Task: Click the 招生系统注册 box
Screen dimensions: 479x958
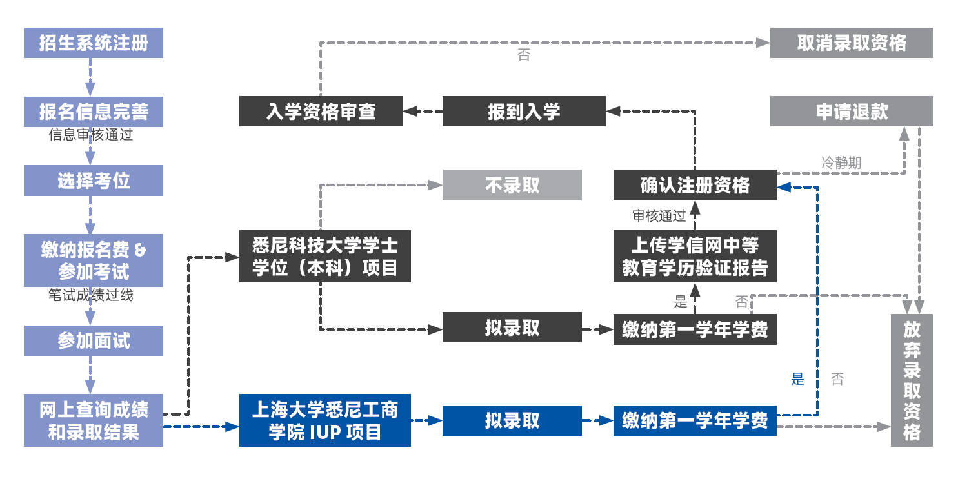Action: click(94, 43)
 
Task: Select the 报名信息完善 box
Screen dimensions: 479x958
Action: click(94, 112)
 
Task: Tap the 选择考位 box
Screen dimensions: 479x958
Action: click(94, 181)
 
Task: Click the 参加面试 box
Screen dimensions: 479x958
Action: click(94, 340)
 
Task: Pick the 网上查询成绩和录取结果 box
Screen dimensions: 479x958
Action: click(94, 420)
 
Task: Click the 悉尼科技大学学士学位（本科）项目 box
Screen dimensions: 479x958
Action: click(324, 257)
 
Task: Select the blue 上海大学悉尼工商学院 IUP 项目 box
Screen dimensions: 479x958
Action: click(324, 420)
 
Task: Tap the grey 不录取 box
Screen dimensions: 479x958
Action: click(512, 185)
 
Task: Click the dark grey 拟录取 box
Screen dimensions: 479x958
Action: click(512, 328)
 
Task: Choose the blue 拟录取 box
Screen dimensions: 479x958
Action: click(512, 420)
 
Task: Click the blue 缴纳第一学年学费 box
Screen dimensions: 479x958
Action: click(695, 420)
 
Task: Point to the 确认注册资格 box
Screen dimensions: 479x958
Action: click(695, 185)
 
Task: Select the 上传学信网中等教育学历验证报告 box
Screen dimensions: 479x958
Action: click(695, 257)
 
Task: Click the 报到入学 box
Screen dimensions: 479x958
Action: click(524, 112)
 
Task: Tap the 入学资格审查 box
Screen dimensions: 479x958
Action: click(321, 112)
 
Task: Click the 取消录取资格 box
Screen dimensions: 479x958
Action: click(852, 43)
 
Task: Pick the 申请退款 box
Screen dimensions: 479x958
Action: click(852, 112)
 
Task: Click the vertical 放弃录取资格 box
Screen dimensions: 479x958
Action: click(912, 380)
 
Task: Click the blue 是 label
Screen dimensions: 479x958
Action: click(798, 379)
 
